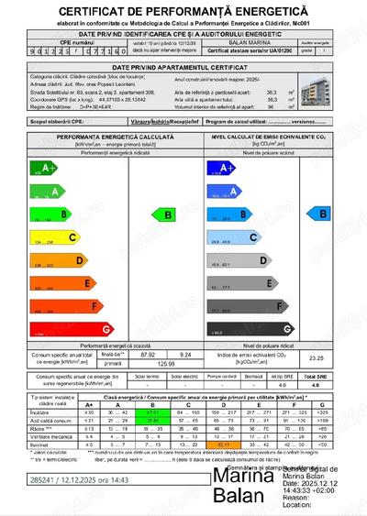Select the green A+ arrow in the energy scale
point(42,168)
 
